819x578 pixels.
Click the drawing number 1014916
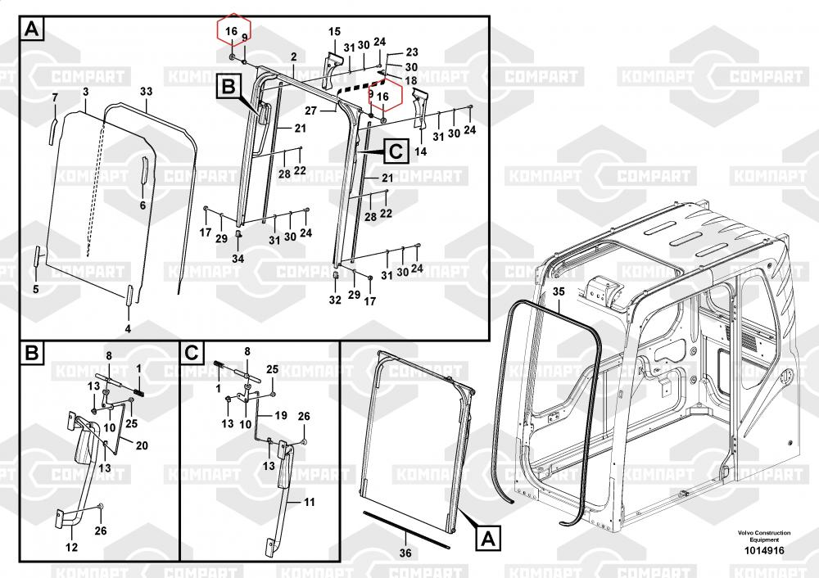coord(764,550)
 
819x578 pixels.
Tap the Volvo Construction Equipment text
coord(764,536)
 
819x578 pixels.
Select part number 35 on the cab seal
coord(559,291)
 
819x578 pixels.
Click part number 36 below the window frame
coord(405,553)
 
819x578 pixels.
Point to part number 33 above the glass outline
coord(147,92)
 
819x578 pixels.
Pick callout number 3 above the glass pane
coord(86,92)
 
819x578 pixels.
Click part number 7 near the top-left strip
coord(56,97)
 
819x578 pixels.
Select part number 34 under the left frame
coord(238,259)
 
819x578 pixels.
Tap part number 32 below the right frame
coord(335,300)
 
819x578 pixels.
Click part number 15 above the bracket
coord(334,32)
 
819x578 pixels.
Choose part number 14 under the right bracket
coord(420,151)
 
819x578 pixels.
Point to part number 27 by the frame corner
coord(310,111)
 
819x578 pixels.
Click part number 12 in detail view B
coord(71,547)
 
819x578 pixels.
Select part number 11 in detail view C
coord(310,503)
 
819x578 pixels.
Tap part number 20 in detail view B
coord(142,445)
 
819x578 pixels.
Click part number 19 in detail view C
coord(281,416)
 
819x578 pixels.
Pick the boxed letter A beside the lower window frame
coord(488,539)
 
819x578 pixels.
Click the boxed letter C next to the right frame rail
coord(396,151)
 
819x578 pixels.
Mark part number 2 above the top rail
coord(293,56)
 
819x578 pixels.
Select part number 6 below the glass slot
coord(143,205)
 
